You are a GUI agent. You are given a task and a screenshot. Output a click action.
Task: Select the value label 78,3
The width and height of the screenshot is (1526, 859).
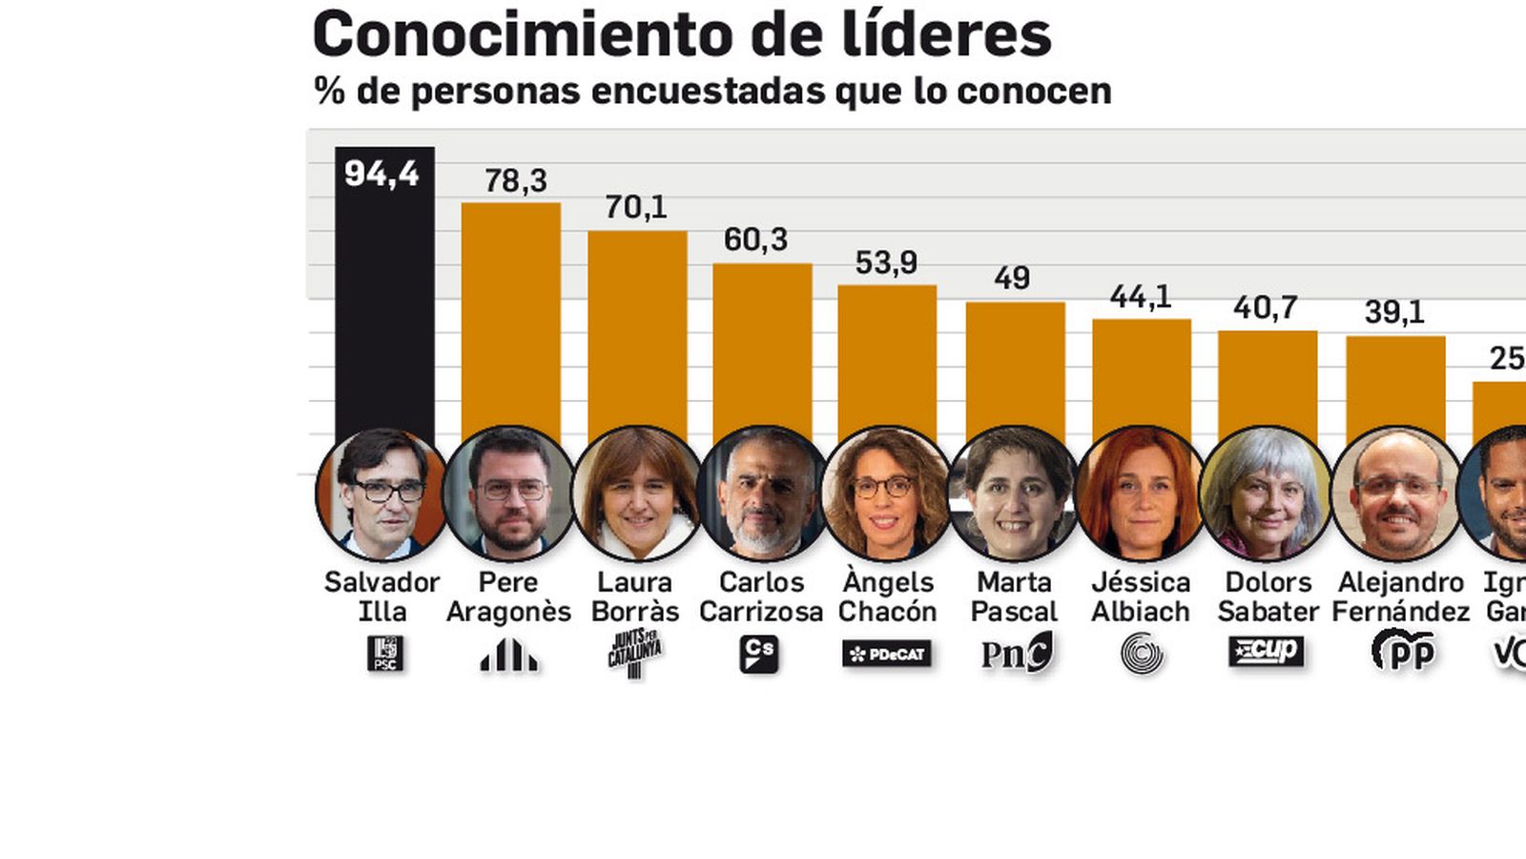515,180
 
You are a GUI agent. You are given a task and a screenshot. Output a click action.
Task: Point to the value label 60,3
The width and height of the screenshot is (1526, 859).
755,240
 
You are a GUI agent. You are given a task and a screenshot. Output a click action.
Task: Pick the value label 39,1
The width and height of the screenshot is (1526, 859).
1393,312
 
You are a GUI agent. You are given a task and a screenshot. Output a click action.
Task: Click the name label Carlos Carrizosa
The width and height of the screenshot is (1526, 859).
761,597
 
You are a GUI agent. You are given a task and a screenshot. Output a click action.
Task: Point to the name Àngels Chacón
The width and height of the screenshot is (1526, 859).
887,597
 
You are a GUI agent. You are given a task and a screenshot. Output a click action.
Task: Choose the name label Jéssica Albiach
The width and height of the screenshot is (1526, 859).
1141,597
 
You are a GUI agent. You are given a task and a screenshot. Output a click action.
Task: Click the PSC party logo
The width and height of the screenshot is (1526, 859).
385,654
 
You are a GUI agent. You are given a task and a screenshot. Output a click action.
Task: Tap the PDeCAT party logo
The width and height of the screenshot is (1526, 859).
887,654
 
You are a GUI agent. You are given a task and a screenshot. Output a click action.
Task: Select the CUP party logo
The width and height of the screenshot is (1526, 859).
1266,652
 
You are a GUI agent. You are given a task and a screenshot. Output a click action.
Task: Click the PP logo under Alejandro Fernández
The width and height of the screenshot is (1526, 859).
1403,652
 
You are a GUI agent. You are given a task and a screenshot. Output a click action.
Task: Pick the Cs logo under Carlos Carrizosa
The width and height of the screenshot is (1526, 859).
759,655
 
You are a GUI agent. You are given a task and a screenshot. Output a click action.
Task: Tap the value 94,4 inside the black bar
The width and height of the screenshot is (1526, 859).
381,174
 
